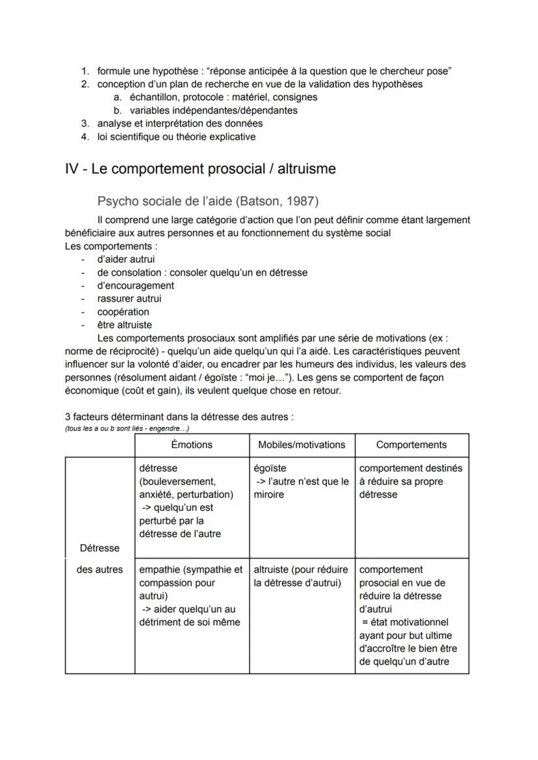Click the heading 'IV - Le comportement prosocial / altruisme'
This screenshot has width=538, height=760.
pos(201,169)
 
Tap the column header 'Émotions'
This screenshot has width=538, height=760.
pos(192,445)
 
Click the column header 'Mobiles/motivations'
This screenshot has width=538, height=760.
pos(301,445)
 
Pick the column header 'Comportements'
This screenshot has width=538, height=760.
pos(411,445)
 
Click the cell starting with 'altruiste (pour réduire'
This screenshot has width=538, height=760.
pos(301,576)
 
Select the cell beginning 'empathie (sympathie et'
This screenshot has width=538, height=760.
pos(191,596)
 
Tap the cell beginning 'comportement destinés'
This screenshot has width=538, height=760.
pos(411,481)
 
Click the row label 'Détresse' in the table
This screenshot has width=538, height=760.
pos(99,547)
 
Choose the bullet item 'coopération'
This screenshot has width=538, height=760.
pos(123,311)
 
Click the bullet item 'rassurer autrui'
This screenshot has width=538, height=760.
pos(129,298)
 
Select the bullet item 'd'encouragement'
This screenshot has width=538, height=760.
pos(135,285)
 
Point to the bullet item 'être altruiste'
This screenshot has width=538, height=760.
pos(125,324)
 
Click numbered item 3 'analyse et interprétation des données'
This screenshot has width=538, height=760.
pos(180,124)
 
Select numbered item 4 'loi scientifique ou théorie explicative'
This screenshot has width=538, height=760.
pos(176,137)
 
